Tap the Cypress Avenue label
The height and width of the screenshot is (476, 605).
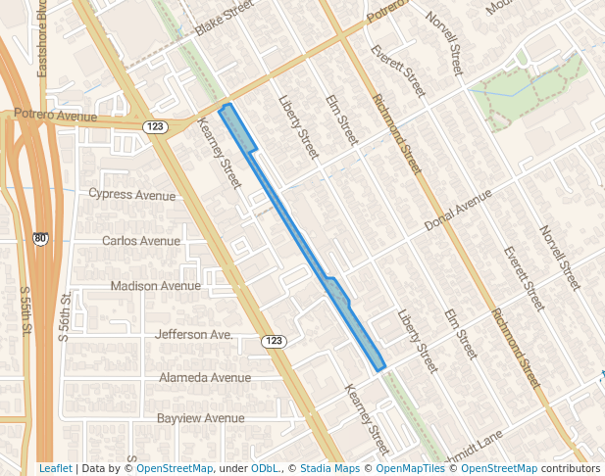tap(131, 194)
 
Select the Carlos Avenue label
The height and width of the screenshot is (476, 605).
tap(141, 241)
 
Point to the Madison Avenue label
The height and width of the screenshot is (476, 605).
tap(155, 286)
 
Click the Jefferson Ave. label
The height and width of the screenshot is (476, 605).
tap(194, 334)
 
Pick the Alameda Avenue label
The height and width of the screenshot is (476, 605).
tap(205, 377)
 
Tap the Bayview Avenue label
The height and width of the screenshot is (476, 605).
tap(201, 418)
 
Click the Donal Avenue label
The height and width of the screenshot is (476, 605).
tap(457, 212)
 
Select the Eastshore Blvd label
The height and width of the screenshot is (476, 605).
tap(42, 38)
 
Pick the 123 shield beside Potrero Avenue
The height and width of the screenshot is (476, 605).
tap(154, 126)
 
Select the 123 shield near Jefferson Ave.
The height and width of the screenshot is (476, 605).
tap(274, 341)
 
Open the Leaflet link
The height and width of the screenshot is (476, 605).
tap(55, 468)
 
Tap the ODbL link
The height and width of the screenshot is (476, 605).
tap(265, 468)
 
